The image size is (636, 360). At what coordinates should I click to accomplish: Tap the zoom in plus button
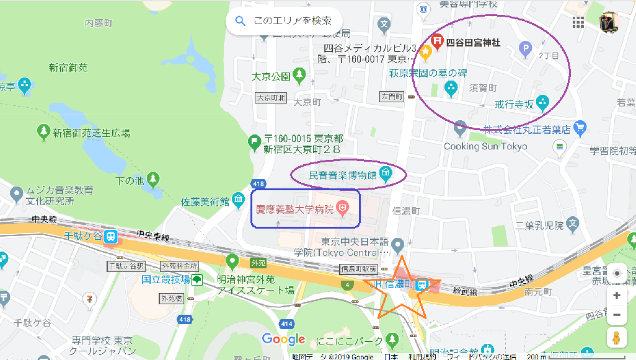[616, 296]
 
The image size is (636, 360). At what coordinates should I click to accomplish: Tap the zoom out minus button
[616, 315]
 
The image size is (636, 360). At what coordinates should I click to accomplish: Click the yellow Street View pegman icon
[616, 338]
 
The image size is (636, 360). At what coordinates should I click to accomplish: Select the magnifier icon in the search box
[240, 22]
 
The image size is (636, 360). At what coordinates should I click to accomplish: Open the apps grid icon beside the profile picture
[578, 22]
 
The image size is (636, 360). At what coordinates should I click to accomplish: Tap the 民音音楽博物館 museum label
[343, 175]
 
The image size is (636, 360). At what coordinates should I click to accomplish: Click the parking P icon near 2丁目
[525, 46]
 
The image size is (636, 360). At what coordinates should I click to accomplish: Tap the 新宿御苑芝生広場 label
[91, 133]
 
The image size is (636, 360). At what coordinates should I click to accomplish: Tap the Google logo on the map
[284, 339]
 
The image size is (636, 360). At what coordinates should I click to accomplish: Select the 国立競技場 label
[166, 279]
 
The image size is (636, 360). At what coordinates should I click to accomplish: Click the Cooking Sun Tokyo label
[485, 147]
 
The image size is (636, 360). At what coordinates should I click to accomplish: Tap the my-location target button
[617, 273]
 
